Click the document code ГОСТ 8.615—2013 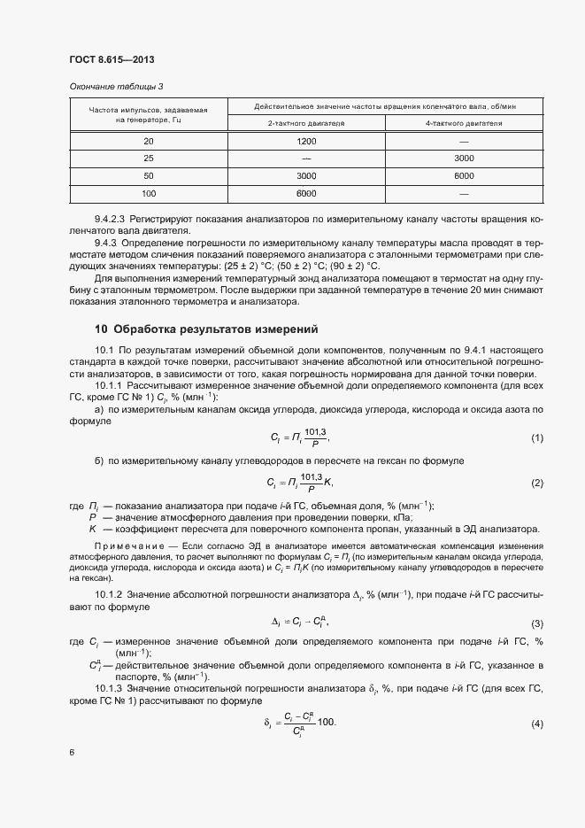[105, 60]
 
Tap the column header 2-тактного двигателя [306, 124]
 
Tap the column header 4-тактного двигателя [465, 124]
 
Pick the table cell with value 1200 [306, 142]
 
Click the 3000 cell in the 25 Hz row [465, 159]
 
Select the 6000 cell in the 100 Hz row [306, 193]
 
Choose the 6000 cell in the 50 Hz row [465, 176]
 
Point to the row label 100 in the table [148, 193]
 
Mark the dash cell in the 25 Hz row [306, 159]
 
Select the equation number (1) [536, 438]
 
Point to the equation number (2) [536, 483]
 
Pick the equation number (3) [536, 623]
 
